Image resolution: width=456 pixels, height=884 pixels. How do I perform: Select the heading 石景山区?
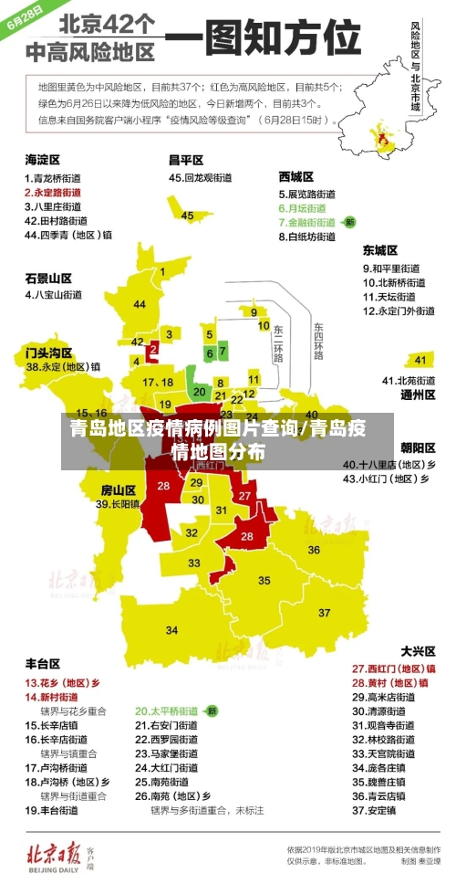[x=48, y=278]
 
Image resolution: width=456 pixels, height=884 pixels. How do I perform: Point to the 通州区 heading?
[x=418, y=395]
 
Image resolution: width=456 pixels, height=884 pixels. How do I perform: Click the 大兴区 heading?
[x=418, y=651]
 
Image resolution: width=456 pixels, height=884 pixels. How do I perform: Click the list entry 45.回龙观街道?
[x=201, y=178]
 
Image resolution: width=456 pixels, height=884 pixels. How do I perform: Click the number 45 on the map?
[x=188, y=216]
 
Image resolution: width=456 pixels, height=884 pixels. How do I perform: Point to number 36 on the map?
[x=313, y=550]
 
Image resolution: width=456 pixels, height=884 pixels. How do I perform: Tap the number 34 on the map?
[x=171, y=630]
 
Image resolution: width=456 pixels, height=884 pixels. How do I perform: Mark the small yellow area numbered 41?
[x=420, y=359]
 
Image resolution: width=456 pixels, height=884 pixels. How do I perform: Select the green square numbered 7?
[x=223, y=351]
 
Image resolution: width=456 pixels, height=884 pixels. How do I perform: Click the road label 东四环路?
[x=317, y=339]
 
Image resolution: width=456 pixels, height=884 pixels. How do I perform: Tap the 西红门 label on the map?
[x=210, y=465]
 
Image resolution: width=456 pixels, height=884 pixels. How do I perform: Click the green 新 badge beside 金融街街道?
[x=350, y=222]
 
